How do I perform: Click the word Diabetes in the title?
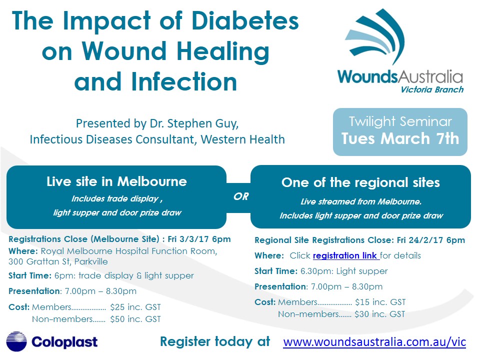click(245, 21)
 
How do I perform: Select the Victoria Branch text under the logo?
click(432, 89)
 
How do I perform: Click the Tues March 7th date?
click(400, 138)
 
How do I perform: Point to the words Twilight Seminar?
click(400, 121)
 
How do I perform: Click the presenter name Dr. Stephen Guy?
click(194, 123)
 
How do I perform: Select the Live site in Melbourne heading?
click(116, 181)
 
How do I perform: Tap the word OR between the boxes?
click(241, 196)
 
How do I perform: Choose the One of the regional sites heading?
click(360, 182)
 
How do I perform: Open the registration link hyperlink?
click(346, 255)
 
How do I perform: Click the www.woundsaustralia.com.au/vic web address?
click(374, 342)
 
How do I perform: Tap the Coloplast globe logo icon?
click(16, 341)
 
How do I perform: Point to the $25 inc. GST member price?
click(135, 307)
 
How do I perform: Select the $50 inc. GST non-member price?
click(135, 319)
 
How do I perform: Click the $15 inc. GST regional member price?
click(380, 302)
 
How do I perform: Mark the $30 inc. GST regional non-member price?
click(380, 314)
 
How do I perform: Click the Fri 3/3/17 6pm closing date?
click(199, 239)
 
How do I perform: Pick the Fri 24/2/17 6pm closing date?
click(431, 240)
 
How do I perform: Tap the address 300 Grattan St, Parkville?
click(58, 261)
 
